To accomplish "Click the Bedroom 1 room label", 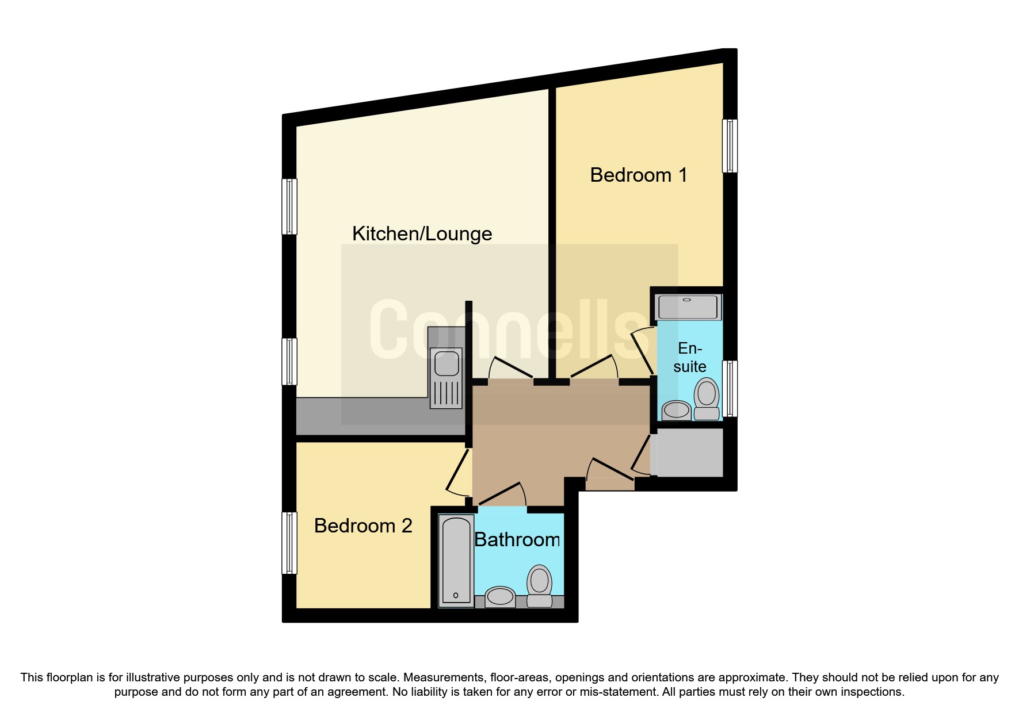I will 638,175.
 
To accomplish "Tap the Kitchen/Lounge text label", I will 422,233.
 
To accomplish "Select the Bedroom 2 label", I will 363,526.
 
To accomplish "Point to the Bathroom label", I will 517,539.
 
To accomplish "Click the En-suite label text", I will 689,357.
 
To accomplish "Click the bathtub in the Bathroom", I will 456,561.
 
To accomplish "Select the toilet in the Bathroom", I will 540,586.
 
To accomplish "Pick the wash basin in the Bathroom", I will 500,596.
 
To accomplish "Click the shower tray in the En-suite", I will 688,307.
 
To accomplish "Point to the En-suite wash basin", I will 677,411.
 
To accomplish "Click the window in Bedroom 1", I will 730,146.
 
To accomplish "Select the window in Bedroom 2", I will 289,543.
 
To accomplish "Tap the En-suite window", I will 730,388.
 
